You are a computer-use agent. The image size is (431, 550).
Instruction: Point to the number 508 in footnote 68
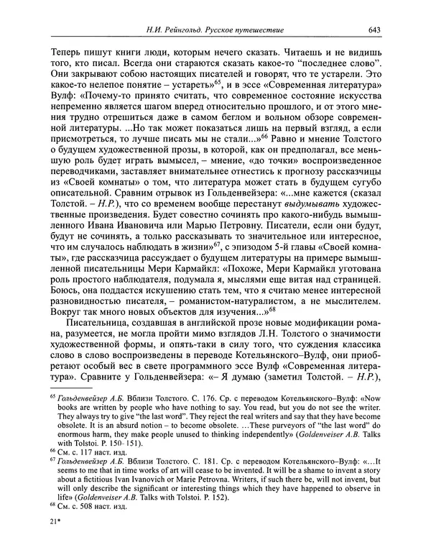click(89, 504)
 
